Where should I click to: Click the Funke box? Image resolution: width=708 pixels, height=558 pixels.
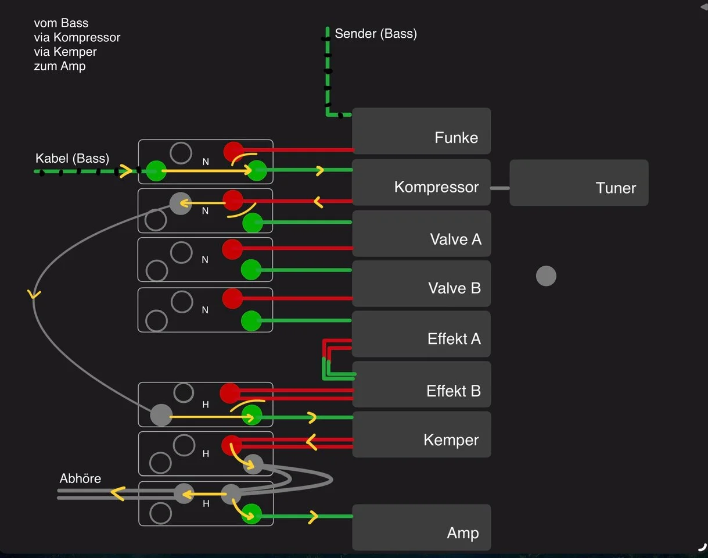[422, 131]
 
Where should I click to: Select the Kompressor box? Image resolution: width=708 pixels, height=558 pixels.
[422, 183]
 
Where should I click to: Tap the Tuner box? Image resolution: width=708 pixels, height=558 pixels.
[578, 183]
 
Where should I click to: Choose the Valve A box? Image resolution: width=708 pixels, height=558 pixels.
[422, 234]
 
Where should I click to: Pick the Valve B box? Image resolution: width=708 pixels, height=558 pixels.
[422, 284]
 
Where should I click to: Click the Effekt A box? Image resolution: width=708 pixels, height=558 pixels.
[422, 334]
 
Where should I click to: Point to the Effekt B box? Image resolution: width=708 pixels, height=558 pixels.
[422, 384]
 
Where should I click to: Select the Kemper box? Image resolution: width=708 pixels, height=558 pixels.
[422, 435]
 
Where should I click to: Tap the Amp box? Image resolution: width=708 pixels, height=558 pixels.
[422, 528]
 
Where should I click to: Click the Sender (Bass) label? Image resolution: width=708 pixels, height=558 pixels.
[376, 34]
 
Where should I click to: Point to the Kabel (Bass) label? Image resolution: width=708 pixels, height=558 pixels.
[72, 158]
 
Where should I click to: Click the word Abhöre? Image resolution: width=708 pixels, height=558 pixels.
[80, 479]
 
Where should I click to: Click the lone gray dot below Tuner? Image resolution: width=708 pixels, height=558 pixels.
[546, 276]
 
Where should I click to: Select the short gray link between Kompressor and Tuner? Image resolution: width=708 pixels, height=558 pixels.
[500, 188]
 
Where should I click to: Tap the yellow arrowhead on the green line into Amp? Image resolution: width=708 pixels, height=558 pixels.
[314, 516]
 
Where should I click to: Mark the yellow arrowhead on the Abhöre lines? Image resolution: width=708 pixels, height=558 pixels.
[118, 494]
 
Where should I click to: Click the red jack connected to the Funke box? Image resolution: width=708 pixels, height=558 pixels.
[234, 151]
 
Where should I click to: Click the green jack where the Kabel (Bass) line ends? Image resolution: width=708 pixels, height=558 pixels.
[156, 171]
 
